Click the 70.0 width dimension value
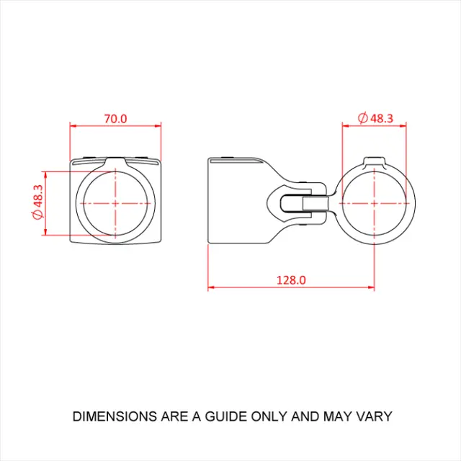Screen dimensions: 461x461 tap(115, 118)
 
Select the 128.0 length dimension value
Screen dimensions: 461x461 tap(292, 279)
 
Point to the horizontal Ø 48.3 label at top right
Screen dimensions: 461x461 tap(375, 118)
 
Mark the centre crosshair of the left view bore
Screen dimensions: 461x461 tap(116, 203)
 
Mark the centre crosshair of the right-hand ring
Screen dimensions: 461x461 tap(375, 203)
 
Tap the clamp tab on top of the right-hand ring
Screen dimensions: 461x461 tap(375, 160)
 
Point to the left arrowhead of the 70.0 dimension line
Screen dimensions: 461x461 tap(73, 125)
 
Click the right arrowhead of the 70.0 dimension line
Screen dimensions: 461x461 tap(158, 125)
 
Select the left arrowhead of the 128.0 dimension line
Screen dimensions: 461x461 tap(211, 287)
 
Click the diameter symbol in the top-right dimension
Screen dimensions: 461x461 tap(362, 118)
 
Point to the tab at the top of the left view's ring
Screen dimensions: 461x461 tap(116, 163)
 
